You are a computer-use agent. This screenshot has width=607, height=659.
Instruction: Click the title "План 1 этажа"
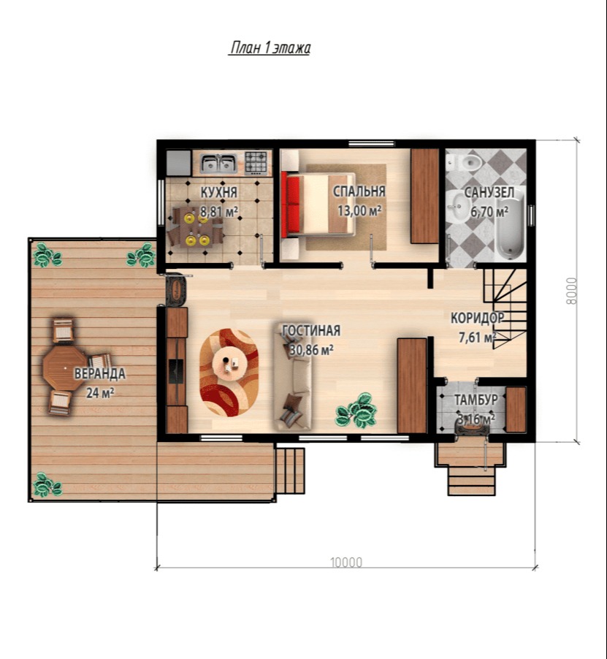[270, 47]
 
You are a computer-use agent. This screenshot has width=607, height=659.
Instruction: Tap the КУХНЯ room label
[219, 192]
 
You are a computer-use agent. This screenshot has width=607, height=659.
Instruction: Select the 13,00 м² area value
[359, 210]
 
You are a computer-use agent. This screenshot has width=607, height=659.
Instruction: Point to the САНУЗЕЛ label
[489, 192]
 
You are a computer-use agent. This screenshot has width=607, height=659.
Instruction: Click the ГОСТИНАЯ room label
[311, 330]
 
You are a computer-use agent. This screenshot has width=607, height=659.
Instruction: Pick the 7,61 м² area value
[478, 337]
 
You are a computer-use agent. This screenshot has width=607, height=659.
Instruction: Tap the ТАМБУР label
[476, 400]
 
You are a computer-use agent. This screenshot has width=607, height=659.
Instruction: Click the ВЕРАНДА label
[100, 373]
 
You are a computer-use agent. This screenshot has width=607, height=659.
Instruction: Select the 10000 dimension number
[346, 563]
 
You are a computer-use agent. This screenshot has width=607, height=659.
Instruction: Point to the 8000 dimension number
[572, 291]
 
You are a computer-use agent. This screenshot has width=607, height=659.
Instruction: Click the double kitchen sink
[218, 163]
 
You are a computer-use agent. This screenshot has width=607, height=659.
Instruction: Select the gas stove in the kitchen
[256, 163]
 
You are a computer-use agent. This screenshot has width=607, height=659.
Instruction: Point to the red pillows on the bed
[292, 205]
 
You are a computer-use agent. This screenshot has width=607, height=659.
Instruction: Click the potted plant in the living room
[356, 410]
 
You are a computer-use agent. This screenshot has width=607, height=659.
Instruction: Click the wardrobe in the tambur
[516, 409]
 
